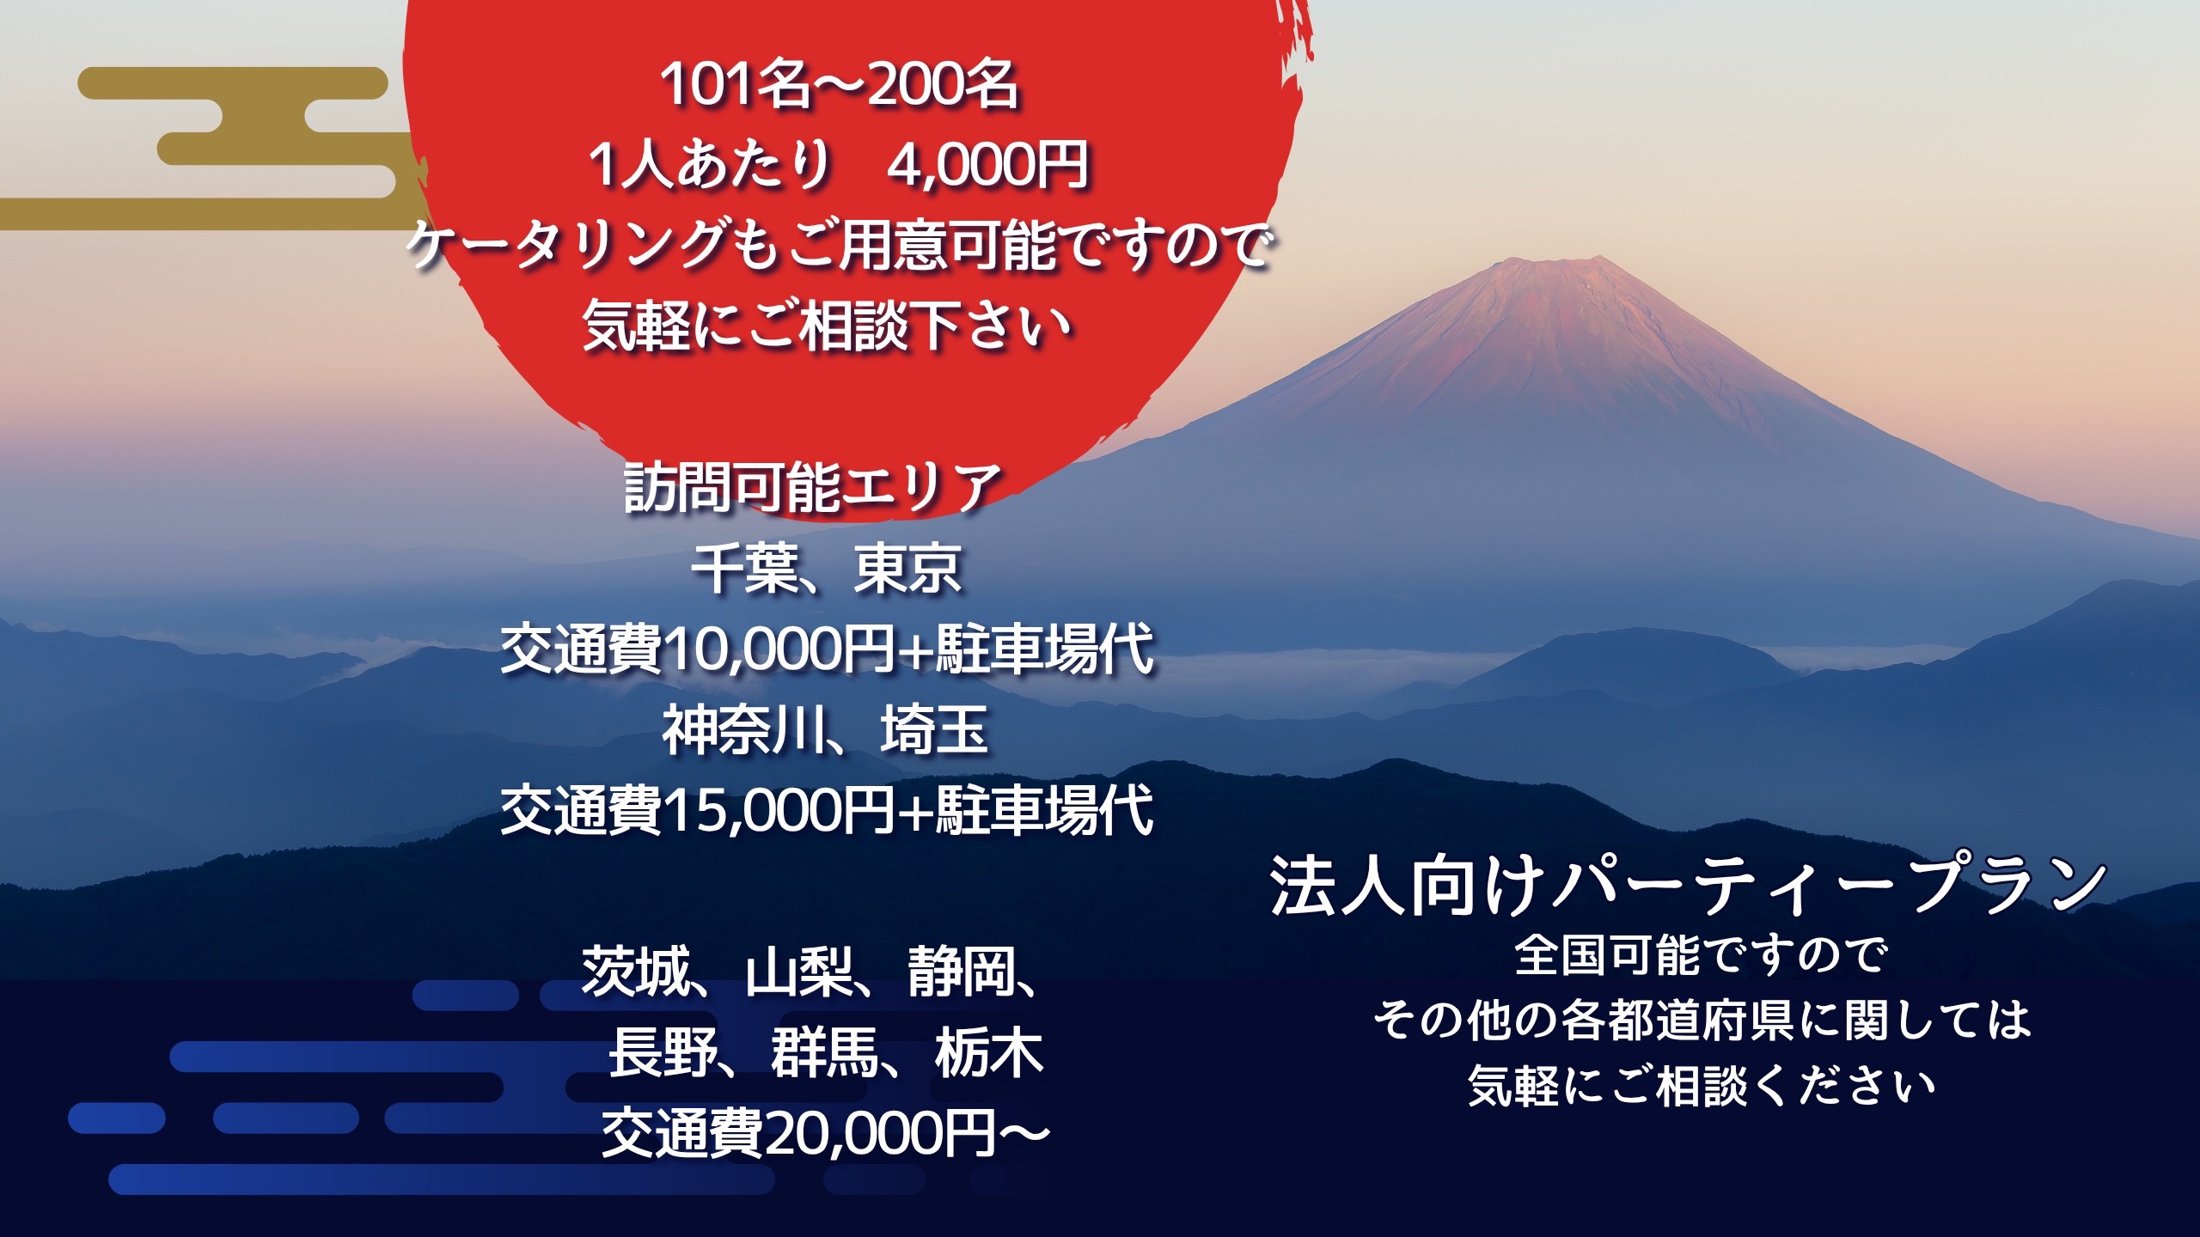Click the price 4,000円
tap(987, 164)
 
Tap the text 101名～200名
tap(840, 84)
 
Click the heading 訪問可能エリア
tap(813, 487)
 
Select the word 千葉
tap(744, 569)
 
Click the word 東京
tap(907, 569)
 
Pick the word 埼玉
tap(934, 730)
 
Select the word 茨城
tap(636, 972)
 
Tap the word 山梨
tap(799, 972)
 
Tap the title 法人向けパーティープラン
tap(1688, 885)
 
